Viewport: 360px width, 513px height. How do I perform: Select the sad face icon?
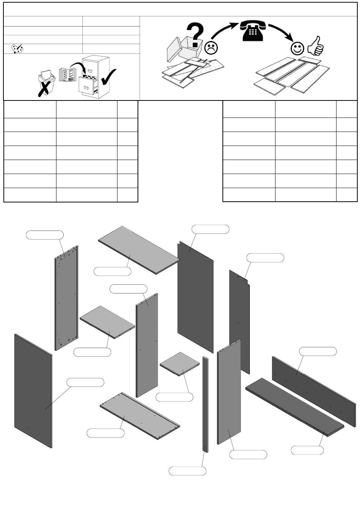tap(211, 47)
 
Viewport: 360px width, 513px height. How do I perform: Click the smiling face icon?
tap(297, 48)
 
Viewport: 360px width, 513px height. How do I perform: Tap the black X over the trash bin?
tap(45, 88)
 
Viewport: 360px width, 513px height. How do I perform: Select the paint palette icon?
tap(17, 49)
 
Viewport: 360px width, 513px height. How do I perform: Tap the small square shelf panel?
tap(180, 364)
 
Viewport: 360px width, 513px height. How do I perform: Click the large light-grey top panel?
tap(138, 249)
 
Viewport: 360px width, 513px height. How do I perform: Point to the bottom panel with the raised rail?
tap(139, 416)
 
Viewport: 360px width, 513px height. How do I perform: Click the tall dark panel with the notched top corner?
tap(239, 322)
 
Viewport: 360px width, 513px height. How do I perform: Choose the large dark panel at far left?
tap(33, 391)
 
